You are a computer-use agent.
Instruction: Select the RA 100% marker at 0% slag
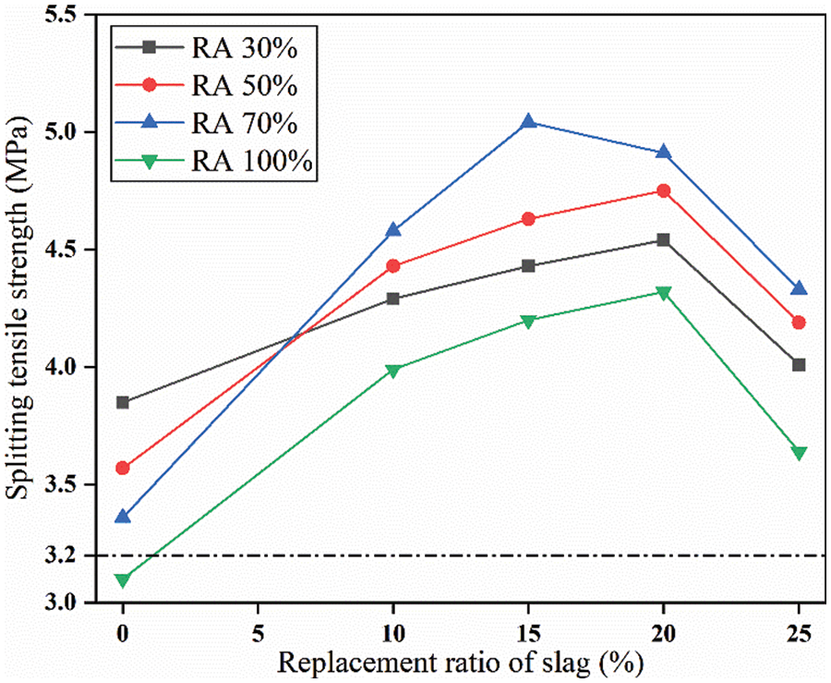[x=123, y=580]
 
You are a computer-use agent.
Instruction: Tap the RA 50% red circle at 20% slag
[x=664, y=190]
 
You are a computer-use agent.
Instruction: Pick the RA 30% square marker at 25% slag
[x=800, y=365]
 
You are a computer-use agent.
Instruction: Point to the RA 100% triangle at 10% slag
[x=393, y=371]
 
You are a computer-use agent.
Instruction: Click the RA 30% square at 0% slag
[x=123, y=402]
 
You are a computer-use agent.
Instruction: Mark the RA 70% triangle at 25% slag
[x=800, y=288]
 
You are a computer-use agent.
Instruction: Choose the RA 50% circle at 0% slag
[x=123, y=468]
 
